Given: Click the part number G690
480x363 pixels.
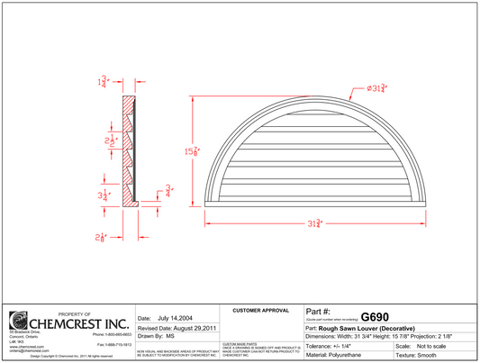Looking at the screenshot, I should [x=375, y=317].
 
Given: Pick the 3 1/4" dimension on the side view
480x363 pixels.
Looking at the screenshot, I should [x=104, y=194].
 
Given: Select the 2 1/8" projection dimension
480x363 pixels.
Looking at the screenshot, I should [x=103, y=237].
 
